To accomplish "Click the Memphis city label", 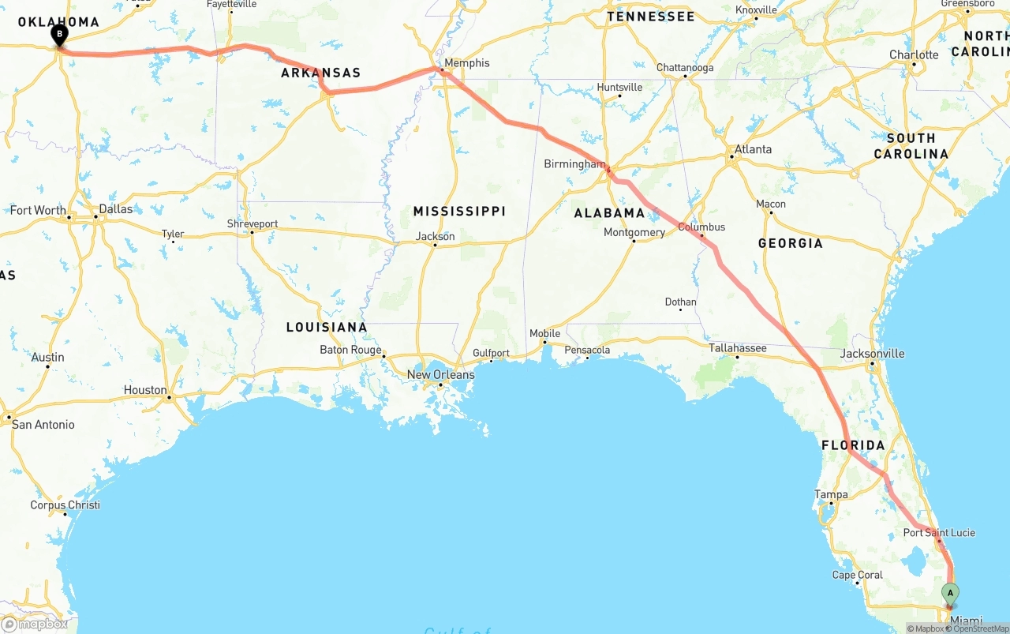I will point(466,63).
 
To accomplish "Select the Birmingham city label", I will point(574,164).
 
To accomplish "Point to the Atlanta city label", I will point(753,149).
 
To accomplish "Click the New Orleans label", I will point(441,374).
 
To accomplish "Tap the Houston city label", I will point(145,390).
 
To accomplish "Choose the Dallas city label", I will point(116,209).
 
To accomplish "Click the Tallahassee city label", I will point(738,347).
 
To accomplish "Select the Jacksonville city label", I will point(872,353).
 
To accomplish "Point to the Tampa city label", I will point(831,495).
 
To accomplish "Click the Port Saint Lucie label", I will point(939,533).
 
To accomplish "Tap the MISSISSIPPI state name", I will point(459,212).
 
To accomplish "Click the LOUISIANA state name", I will point(327,327).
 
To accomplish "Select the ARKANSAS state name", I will point(321,73).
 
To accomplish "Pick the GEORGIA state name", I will point(791,243).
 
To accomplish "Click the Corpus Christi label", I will point(65,505).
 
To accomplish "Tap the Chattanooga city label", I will point(684,68).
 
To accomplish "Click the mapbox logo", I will point(35,624).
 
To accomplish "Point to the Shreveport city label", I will point(252,224).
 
